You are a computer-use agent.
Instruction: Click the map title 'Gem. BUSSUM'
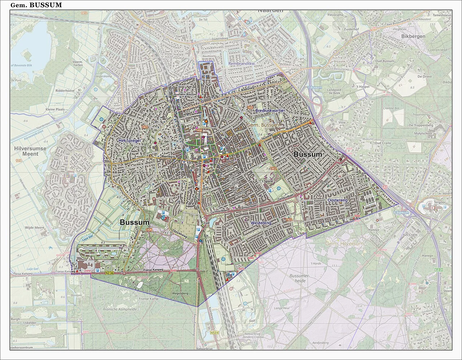(36, 5)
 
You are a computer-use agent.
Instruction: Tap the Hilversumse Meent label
(30, 151)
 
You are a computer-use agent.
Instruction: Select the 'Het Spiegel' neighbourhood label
(128, 140)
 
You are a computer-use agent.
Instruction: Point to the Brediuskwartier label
(270, 110)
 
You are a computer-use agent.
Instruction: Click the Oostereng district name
(337, 200)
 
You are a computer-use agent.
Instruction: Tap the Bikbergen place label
(413, 36)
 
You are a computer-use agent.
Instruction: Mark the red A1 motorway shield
(385, 187)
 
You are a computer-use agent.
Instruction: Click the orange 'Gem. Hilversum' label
(344, 244)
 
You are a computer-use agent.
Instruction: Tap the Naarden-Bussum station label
(185, 95)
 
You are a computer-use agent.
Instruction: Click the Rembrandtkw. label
(242, 64)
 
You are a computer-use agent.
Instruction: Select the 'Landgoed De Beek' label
(334, 91)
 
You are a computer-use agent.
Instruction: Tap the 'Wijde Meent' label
(35, 228)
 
